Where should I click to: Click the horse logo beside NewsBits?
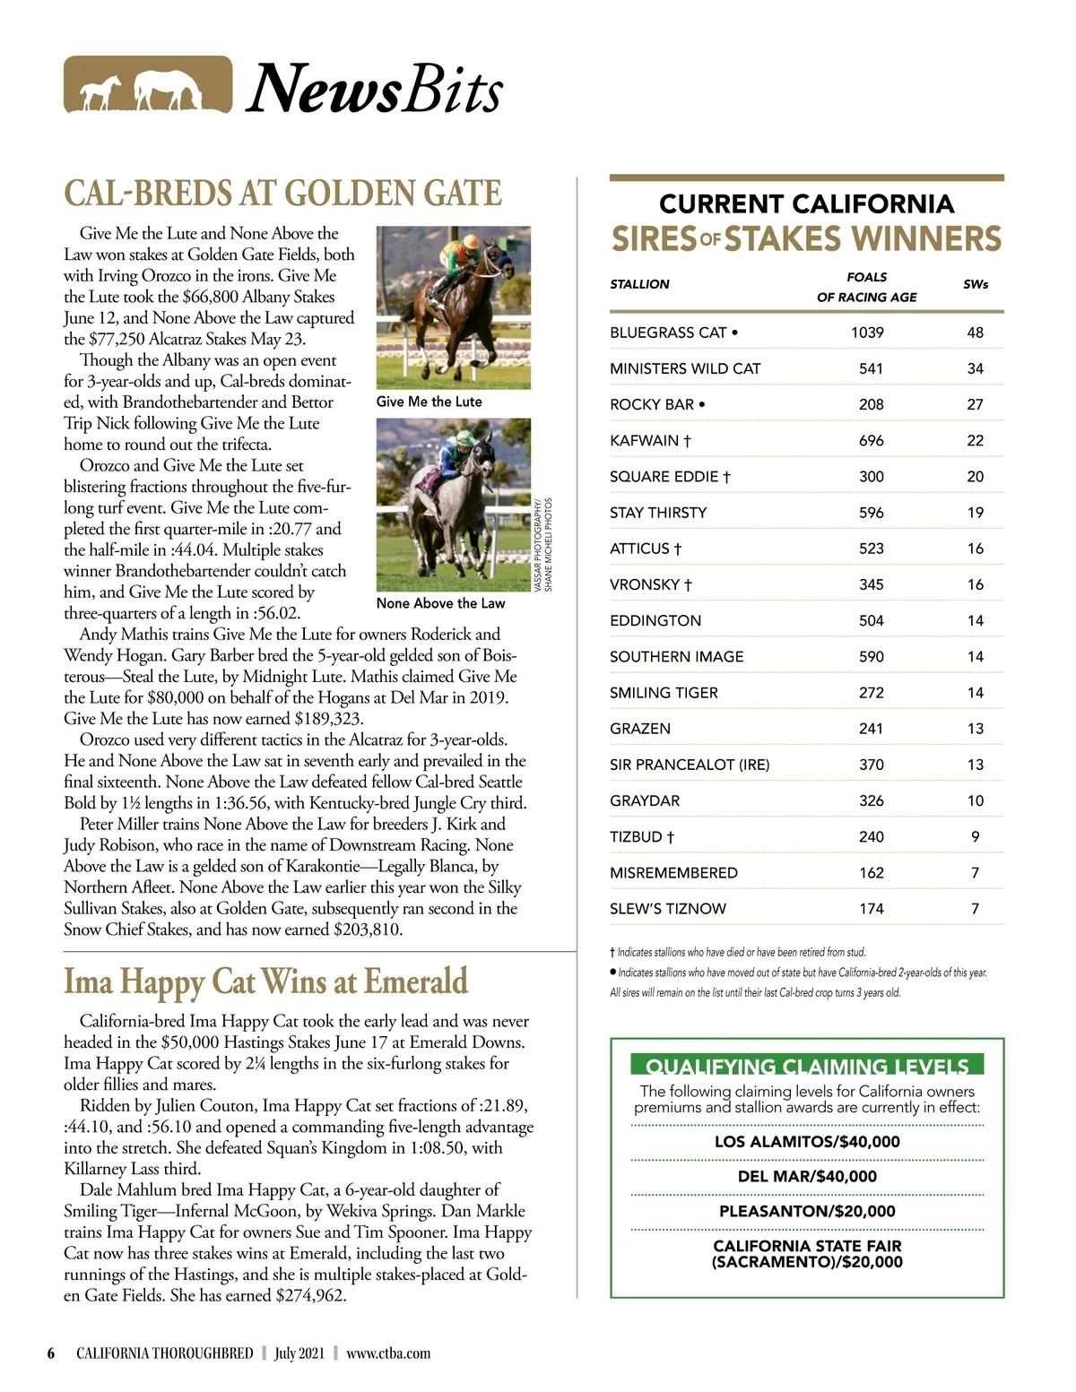click(148, 85)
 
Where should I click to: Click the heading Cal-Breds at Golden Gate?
click(282, 194)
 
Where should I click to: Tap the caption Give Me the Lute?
click(429, 402)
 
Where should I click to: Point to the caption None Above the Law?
click(440, 603)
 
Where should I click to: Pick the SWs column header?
click(975, 284)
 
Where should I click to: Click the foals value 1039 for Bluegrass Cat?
click(867, 333)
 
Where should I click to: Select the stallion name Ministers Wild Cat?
click(685, 368)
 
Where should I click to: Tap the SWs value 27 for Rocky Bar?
click(975, 404)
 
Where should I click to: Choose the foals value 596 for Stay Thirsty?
click(871, 513)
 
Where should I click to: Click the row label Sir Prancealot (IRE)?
click(690, 765)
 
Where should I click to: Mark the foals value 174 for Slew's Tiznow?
click(871, 909)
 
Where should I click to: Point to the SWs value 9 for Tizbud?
click(975, 836)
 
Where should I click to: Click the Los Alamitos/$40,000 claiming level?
click(807, 1141)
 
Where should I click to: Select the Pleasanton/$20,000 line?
click(807, 1211)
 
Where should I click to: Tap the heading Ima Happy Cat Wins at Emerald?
click(265, 981)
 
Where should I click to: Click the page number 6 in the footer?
click(51, 1353)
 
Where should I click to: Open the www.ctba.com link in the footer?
click(388, 1353)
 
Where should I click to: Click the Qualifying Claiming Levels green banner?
click(807, 1065)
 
